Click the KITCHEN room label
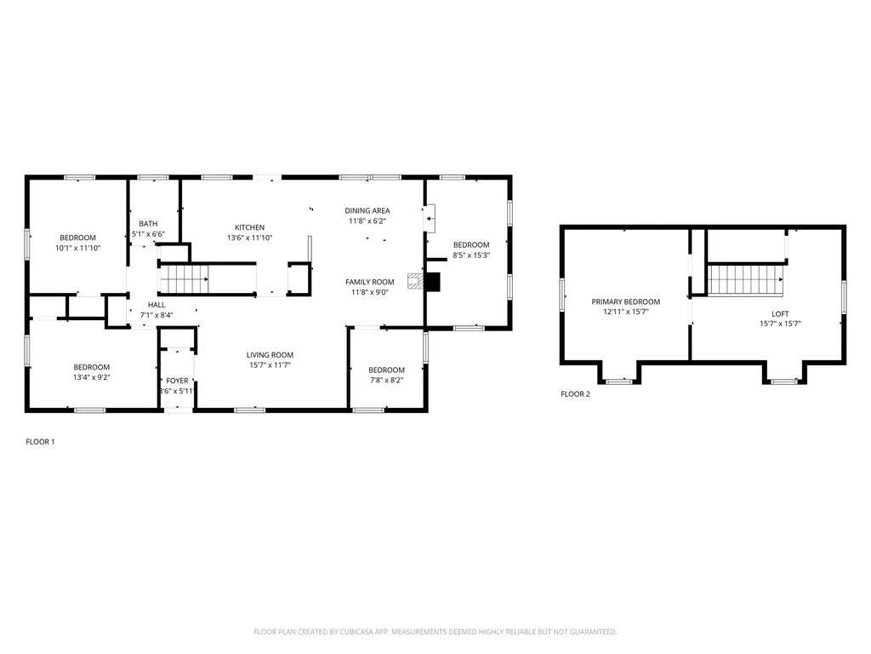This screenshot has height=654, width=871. [250, 227]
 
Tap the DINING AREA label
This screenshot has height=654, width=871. [367, 210]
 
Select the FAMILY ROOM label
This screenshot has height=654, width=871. [369, 282]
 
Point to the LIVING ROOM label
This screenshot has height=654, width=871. [270, 355]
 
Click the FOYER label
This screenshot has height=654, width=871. [177, 381]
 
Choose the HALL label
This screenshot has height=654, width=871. [157, 305]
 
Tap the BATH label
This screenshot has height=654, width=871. [148, 224]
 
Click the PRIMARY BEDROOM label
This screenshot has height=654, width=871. [625, 301]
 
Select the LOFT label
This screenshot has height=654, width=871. [780, 314]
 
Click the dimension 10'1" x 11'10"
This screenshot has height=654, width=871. [77, 248]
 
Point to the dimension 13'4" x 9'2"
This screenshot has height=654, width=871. [91, 377]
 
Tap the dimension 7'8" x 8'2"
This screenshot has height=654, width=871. [386, 381]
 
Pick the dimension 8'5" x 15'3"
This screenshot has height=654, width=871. [470, 255]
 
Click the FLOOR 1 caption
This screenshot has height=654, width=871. [40, 442]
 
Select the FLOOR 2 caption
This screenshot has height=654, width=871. [575, 394]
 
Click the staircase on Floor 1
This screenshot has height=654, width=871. [185, 278]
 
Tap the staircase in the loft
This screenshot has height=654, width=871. [746, 279]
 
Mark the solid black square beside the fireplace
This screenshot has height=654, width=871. [434, 282]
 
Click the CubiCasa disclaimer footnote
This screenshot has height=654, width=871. [435, 632]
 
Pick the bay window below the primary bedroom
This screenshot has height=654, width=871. [618, 379]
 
